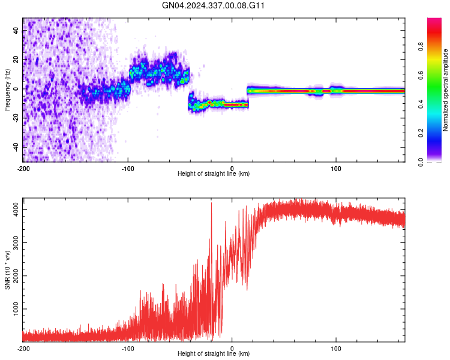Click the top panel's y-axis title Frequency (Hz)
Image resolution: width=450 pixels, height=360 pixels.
click(7, 90)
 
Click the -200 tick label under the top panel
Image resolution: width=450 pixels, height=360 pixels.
click(23, 168)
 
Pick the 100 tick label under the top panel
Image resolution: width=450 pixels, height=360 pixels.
click(336, 168)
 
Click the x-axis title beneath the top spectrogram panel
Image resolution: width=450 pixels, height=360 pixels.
click(214, 174)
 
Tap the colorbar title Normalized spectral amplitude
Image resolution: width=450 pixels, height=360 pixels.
click(446, 90)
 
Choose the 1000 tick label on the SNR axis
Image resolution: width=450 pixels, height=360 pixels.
click(14, 310)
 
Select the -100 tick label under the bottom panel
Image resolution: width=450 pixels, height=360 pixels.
click(127, 348)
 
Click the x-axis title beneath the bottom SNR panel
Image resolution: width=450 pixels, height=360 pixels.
click(214, 354)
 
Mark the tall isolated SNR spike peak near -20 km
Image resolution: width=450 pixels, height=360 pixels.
click(211, 203)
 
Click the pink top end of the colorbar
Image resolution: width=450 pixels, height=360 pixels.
click(434, 22)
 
